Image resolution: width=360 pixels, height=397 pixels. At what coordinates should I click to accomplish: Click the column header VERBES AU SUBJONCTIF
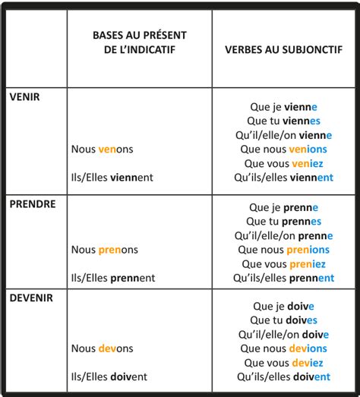click(283, 49)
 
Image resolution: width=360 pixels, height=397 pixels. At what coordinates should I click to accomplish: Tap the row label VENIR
click(25, 97)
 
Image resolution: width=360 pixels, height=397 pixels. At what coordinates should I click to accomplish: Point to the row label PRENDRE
click(30, 204)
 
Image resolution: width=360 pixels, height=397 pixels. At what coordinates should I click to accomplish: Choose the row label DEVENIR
click(30, 298)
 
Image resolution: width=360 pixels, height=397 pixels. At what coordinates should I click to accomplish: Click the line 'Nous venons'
click(102, 150)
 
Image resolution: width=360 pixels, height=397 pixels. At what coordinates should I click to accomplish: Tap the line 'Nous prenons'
click(105, 250)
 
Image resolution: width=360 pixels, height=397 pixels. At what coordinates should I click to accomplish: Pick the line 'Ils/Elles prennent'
click(113, 278)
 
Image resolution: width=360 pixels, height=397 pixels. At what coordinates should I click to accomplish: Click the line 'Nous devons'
click(103, 348)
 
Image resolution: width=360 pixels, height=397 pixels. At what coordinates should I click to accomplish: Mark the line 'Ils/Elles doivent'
click(109, 377)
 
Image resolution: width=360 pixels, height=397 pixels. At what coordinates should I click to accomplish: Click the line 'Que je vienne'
click(283, 108)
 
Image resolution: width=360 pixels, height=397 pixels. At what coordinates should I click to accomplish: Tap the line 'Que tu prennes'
click(283, 222)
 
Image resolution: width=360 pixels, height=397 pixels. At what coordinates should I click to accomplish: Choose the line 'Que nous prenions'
click(283, 250)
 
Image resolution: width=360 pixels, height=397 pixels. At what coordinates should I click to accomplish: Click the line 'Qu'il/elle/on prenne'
click(283, 235)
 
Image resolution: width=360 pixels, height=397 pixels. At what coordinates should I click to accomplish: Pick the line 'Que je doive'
click(283, 307)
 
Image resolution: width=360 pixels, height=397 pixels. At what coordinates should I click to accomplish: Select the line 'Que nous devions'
click(283, 348)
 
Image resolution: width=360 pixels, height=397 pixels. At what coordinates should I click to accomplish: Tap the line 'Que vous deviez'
click(283, 363)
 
